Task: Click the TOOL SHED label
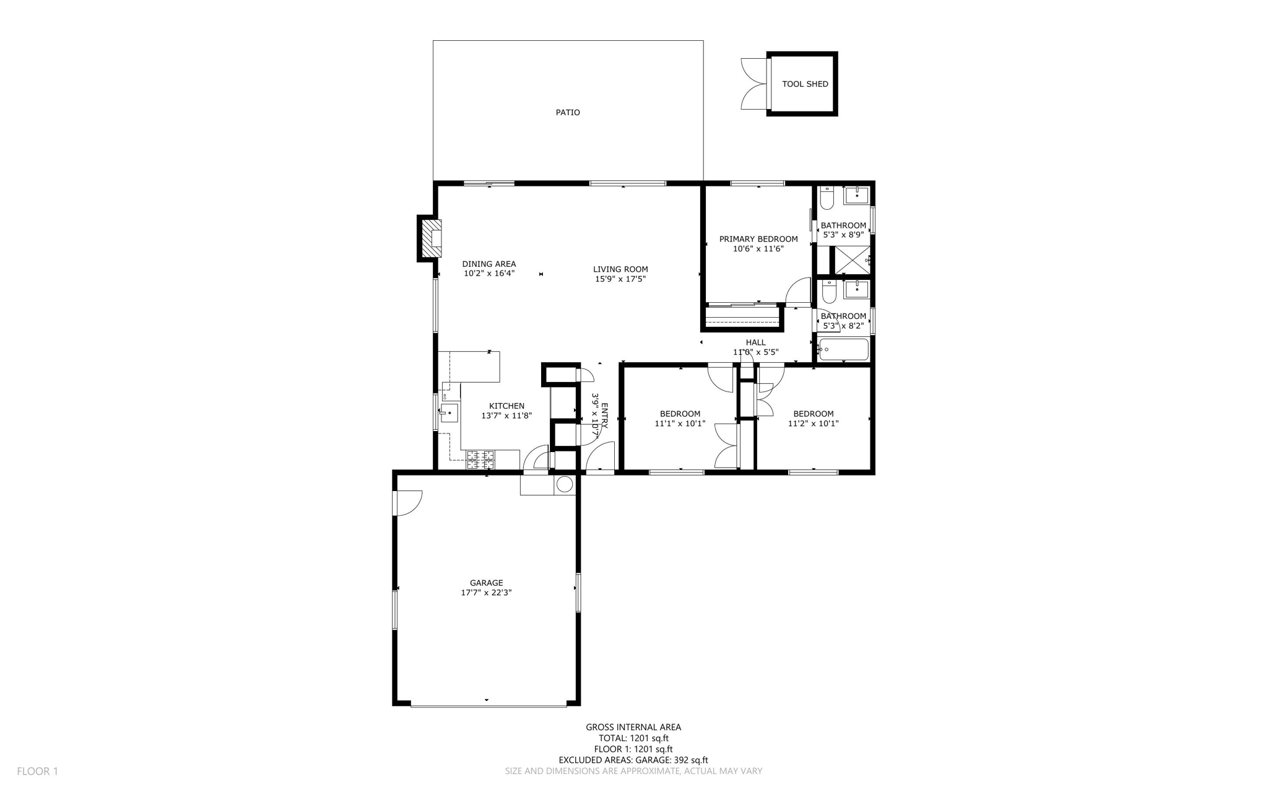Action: pyautogui.click(x=804, y=84)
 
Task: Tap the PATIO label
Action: pyautogui.click(x=567, y=113)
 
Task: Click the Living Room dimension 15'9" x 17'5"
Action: pyautogui.click(x=620, y=279)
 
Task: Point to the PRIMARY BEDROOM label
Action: pyautogui.click(x=758, y=239)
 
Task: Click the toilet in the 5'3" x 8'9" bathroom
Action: pyautogui.click(x=827, y=198)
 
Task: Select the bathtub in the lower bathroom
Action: pyautogui.click(x=843, y=350)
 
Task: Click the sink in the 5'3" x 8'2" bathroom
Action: pyautogui.click(x=857, y=289)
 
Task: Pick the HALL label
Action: pyautogui.click(x=755, y=342)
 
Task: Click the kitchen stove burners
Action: pyautogui.click(x=480, y=459)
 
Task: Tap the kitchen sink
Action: pyautogui.click(x=449, y=412)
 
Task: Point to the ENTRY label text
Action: pyautogui.click(x=604, y=416)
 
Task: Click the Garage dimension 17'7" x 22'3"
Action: pyautogui.click(x=486, y=593)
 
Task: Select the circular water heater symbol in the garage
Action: pyautogui.click(x=564, y=484)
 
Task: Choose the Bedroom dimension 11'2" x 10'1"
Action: pyautogui.click(x=813, y=424)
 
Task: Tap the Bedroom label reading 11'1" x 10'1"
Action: pyautogui.click(x=680, y=414)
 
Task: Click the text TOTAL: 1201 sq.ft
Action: pyautogui.click(x=633, y=738)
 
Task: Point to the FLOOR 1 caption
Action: pyautogui.click(x=37, y=771)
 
